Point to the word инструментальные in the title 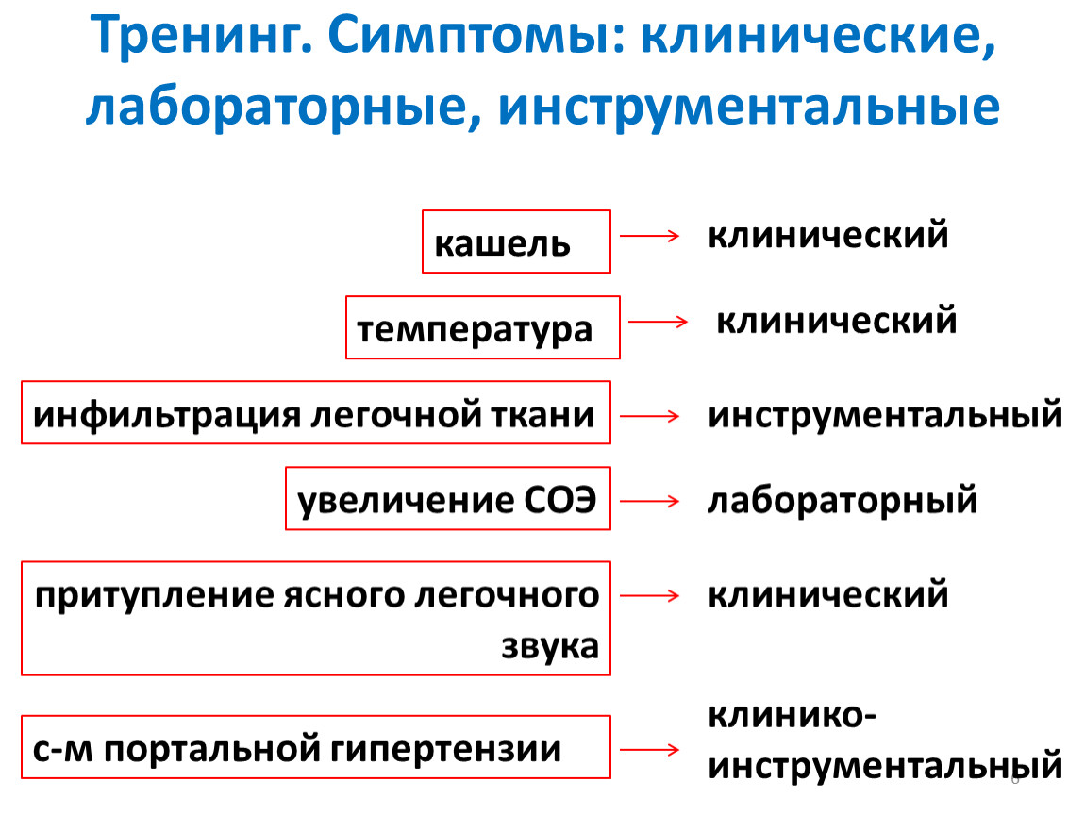(x=749, y=108)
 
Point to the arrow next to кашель (x=650, y=236)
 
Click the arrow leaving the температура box (x=658, y=321)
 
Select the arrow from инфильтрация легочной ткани (x=650, y=416)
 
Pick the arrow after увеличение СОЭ (x=650, y=501)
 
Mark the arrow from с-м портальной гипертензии (x=650, y=749)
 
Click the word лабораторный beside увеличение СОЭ (x=843, y=500)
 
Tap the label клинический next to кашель (x=827, y=234)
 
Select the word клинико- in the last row (x=792, y=715)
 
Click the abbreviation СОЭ (x=559, y=499)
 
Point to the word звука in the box (x=550, y=647)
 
